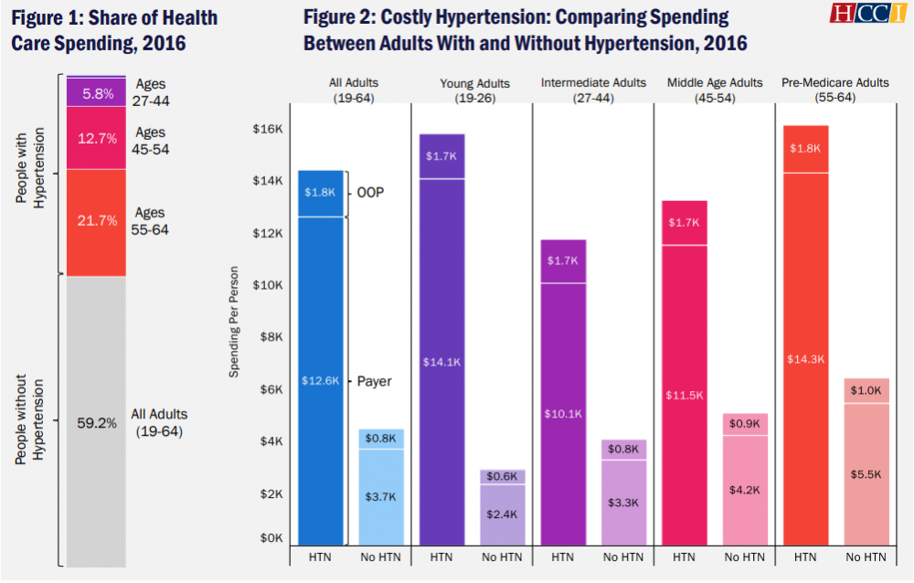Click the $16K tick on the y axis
[266, 130]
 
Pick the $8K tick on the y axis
[270, 337]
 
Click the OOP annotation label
[370, 193]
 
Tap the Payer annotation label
[373, 381]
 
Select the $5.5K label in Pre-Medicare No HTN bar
[865, 476]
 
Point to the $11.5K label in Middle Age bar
[684, 396]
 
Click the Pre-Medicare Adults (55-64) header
[834, 90]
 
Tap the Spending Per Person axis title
[234, 322]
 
